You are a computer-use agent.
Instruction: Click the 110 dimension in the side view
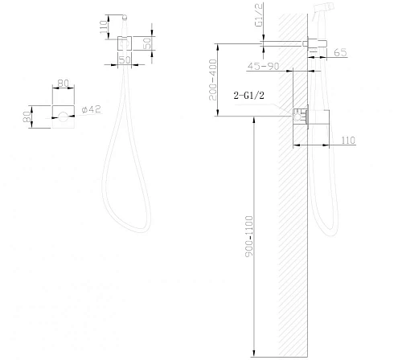pyautogui.click(x=347, y=141)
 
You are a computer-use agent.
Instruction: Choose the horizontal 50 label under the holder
pyautogui.click(x=125, y=60)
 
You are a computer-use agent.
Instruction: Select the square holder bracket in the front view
pyautogui.click(x=125, y=44)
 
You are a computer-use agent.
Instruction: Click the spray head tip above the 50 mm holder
pyautogui.click(x=124, y=16)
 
